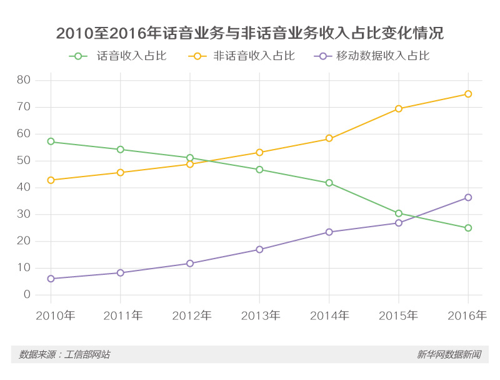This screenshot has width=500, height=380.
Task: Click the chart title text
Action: click(x=250, y=33)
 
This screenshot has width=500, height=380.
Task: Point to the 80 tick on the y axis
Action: click(x=24, y=80)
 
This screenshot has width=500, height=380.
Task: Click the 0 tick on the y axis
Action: click(x=27, y=295)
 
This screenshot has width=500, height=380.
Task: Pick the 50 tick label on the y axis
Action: click(x=24, y=161)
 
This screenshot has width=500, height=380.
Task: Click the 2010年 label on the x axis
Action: click(x=55, y=316)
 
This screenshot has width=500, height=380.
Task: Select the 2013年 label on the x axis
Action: click(x=259, y=316)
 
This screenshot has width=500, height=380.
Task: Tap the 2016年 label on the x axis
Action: click(x=467, y=316)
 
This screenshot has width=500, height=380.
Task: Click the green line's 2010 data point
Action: click(x=51, y=141)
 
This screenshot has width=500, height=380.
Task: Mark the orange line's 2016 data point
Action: click(x=468, y=94)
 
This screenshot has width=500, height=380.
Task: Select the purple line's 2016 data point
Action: click(x=468, y=197)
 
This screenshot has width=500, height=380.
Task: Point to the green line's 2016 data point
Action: click(x=468, y=228)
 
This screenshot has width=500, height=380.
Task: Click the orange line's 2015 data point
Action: click(x=399, y=109)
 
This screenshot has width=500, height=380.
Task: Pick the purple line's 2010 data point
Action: click(x=51, y=279)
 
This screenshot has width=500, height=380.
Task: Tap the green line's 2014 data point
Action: click(x=329, y=183)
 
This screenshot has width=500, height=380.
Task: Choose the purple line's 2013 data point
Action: click(x=259, y=249)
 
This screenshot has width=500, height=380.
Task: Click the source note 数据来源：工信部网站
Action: click(x=64, y=354)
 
